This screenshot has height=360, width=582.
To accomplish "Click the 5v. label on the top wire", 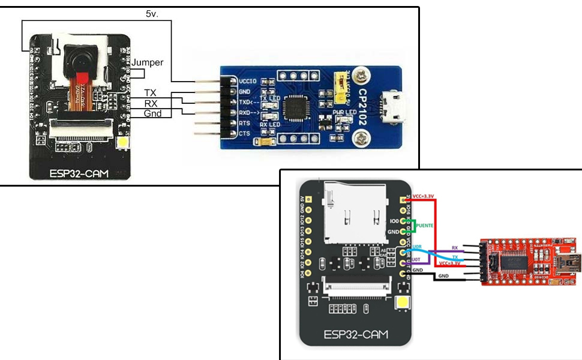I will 152,13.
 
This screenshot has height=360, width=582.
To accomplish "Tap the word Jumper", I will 147,62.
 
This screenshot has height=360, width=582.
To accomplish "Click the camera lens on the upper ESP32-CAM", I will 80,58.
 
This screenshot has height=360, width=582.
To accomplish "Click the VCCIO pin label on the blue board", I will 249,80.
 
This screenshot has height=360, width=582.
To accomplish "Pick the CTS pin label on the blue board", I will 245,133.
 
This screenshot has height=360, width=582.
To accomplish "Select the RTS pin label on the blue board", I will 245,122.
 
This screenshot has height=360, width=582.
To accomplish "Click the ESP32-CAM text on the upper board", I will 80,174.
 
